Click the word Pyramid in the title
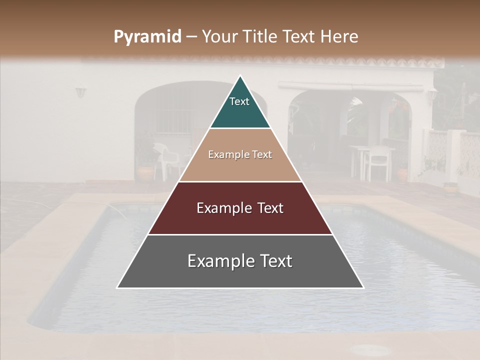(147, 37)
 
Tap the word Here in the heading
(339, 36)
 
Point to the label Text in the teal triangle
(239, 101)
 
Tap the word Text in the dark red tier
(266, 208)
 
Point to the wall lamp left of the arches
(80, 92)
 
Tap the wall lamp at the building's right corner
(431, 94)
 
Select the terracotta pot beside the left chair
(145, 172)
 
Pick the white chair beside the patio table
(379, 162)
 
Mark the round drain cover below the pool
(372, 349)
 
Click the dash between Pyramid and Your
(191, 37)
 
